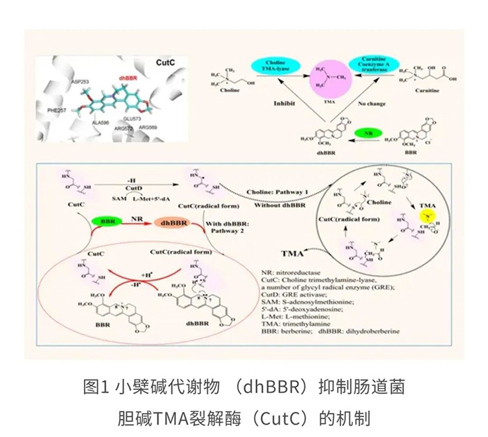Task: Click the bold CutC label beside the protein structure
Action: click(x=166, y=63)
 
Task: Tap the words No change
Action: click(x=372, y=103)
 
